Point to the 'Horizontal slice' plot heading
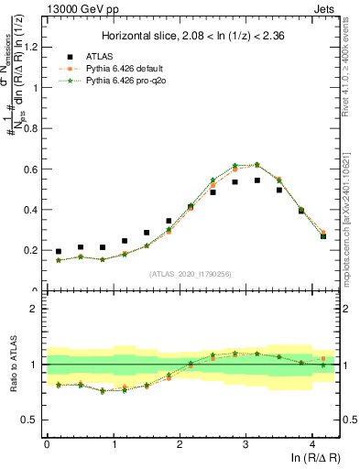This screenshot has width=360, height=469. (193, 36)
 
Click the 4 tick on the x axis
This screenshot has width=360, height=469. (313, 442)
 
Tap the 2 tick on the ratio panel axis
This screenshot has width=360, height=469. (38, 309)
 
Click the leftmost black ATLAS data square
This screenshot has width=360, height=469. (59, 251)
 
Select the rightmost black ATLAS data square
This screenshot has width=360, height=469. (323, 236)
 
